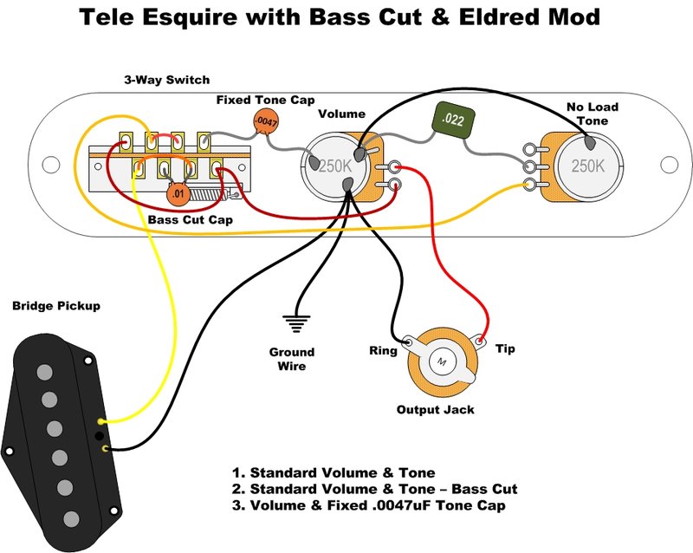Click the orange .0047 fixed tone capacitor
265,124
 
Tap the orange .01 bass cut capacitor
178,192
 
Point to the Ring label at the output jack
383,350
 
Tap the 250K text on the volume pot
334,164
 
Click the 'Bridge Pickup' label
56,306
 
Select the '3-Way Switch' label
166,80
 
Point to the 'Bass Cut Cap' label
190,219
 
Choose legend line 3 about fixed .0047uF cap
368,505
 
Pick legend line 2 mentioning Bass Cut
374,489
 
